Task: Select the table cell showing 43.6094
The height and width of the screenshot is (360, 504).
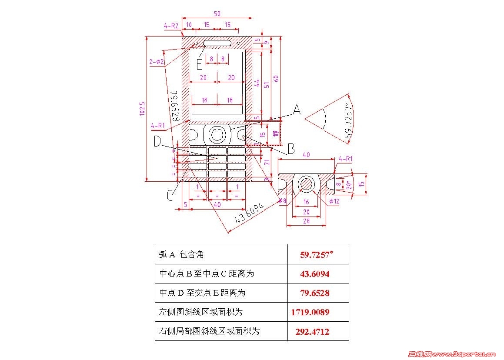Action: click(314, 274)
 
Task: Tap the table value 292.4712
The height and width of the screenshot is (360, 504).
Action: click(312, 332)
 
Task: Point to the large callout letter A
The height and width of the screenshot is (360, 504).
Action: click(297, 110)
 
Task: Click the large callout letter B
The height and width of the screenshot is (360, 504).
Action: click(291, 149)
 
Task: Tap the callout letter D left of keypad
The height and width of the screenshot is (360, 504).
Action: click(158, 141)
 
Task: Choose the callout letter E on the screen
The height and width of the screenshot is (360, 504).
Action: click(199, 64)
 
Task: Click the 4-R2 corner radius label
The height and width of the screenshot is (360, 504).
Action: click(171, 26)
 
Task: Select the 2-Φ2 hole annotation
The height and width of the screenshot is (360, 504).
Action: click(157, 62)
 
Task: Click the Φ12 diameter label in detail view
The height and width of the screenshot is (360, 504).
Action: click(334, 200)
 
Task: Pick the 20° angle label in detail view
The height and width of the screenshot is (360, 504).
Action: click(347, 184)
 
